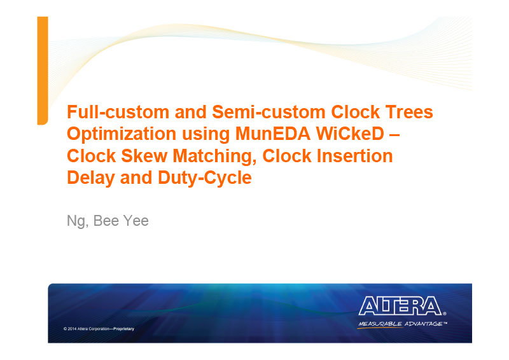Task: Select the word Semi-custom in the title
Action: coord(268,112)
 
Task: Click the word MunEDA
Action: coord(273,134)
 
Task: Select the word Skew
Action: coord(144,156)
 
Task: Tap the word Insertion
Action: coord(354,156)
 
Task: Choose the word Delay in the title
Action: coord(90,179)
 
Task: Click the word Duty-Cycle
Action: coord(204,179)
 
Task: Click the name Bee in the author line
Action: coord(106,221)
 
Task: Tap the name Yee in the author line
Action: coord(136,221)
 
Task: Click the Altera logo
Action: coord(402,306)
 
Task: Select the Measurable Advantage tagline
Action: coord(403,324)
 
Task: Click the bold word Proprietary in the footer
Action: coord(123,329)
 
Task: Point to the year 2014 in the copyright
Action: coord(72,329)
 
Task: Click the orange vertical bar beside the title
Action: coord(43,71)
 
